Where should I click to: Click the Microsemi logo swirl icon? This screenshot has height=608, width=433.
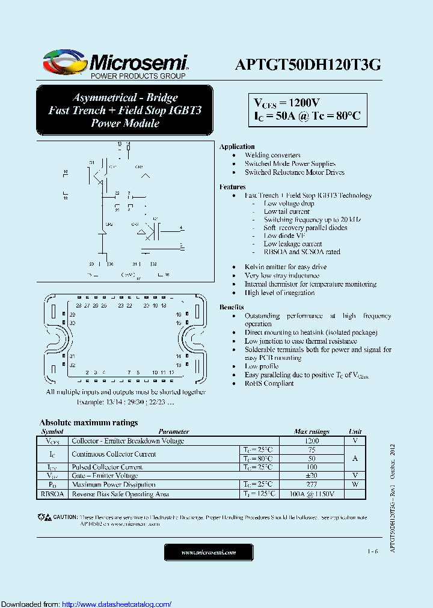pos(63,62)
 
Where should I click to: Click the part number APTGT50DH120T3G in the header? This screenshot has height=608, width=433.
pos(307,65)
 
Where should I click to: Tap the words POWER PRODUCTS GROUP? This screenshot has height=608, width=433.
pos(138,76)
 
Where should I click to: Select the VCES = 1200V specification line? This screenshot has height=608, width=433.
pos(286,102)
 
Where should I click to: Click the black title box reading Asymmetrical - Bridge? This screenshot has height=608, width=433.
pos(125,110)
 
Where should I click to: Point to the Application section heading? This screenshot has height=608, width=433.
pos(237,147)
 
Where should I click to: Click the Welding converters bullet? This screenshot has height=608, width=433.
pos(272,155)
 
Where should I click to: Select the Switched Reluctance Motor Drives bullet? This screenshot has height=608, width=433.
pos(294,172)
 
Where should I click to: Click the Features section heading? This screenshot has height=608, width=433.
pos(233,187)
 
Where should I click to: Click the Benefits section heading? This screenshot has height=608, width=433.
pos(232,307)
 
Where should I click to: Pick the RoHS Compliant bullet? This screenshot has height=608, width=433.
pos(269,383)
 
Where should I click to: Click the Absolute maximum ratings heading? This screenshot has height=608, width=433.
pos(88,422)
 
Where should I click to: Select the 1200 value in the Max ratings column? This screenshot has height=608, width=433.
pos(312,440)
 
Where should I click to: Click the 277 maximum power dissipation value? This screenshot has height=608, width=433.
pos(312,484)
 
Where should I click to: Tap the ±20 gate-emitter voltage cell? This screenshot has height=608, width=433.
pos(312,475)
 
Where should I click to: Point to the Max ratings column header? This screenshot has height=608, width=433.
pos(312,431)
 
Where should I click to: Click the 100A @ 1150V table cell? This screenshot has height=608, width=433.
pos(312,494)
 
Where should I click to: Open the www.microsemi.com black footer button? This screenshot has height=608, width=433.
pos(209,552)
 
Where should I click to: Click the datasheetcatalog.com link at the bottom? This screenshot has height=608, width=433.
pos(117,604)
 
